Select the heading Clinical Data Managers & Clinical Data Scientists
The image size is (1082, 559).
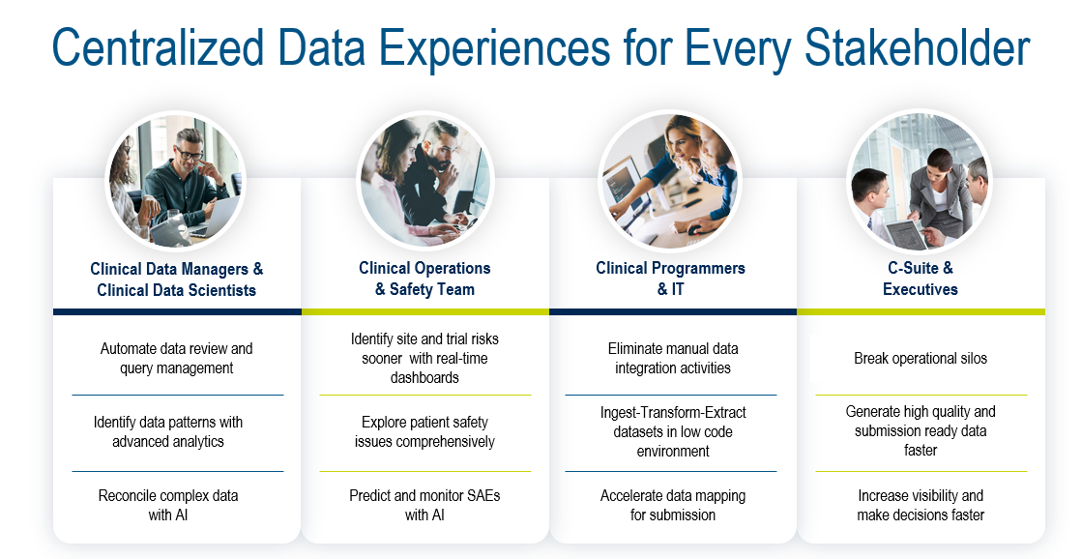coord(177,279)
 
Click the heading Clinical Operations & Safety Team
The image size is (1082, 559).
coord(424,279)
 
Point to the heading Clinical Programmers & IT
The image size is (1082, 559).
coord(671,279)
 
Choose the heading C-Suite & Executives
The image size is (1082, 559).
coord(921,279)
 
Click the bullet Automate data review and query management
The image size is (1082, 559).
coord(177,358)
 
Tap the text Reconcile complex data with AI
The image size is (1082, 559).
coord(168,505)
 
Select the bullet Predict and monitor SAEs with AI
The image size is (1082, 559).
coord(424,505)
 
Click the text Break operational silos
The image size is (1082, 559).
coord(921,358)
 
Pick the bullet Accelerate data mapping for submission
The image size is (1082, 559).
coord(673,505)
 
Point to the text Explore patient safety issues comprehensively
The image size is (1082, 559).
coord(424,431)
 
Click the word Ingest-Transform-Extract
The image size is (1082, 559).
coord(673,413)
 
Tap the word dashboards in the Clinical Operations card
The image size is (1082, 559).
coord(424,377)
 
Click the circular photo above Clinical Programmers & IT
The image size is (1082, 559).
coord(669,181)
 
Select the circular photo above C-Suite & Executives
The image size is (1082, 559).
coord(920,181)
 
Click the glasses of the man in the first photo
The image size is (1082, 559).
coord(190,153)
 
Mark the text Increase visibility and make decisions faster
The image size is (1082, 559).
coord(921,505)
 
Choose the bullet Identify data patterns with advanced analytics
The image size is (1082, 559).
coord(168,431)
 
